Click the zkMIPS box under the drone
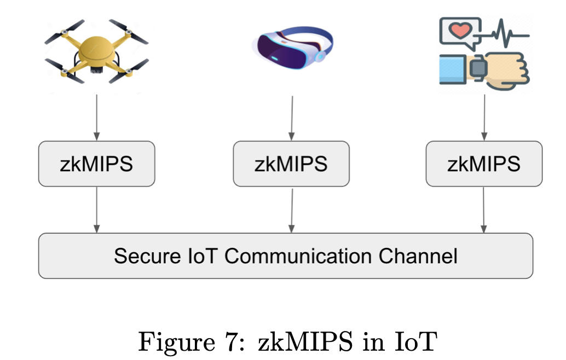coord(96,164)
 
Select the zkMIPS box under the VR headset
coord(291,164)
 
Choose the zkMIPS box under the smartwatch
coord(484,164)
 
